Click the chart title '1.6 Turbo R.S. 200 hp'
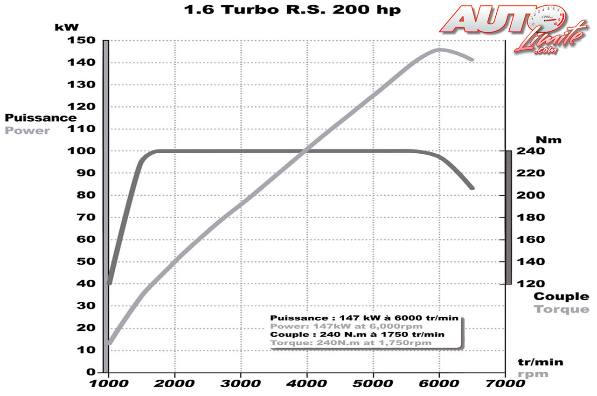tap(293, 10)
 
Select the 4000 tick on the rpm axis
tap(306, 384)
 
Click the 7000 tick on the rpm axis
tap(505, 384)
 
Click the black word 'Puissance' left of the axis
tap(41, 118)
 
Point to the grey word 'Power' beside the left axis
tap(27, 130)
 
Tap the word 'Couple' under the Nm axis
tap(562, 296)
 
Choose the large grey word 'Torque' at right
tap(562, 309)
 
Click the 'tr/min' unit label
tap(541, 362)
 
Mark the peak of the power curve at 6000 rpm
tap(439, 49)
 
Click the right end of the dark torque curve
tap(472, 188)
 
